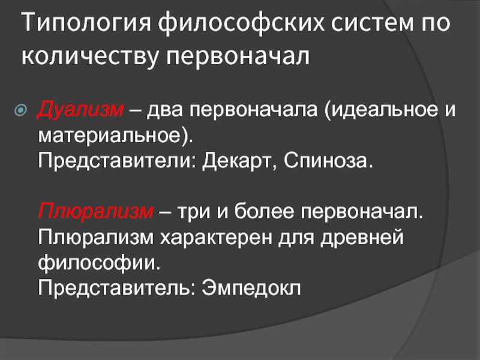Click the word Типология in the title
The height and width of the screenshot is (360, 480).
point(86,23)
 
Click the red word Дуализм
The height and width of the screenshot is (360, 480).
point(80,109)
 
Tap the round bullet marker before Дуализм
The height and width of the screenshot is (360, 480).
point(20,110)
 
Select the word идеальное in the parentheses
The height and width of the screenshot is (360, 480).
point(381,109)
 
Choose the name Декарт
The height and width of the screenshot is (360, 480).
point(237,161)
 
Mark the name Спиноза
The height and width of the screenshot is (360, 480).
point(325,161)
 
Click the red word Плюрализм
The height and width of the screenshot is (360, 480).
point(95,212)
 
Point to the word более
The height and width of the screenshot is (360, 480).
point(263,211)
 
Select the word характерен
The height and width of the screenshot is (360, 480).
point(216,238)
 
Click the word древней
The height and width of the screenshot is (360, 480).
point(362,238)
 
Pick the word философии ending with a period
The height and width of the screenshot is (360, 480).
point(99,263)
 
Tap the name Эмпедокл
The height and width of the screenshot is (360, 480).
point(251,287)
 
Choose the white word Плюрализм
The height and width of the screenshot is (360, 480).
point(95,238)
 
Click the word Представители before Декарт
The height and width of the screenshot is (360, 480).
point(117,161)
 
